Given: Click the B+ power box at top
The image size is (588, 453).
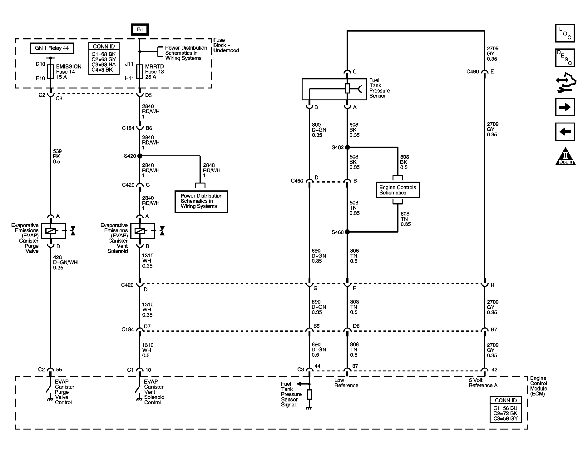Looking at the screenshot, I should click(140, 29).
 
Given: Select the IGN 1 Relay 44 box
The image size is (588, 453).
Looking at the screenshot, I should click(51, 48).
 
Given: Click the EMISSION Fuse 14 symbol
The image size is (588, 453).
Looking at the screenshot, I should click(50, 72).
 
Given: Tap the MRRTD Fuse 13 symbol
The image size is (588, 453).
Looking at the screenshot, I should click(140, 72).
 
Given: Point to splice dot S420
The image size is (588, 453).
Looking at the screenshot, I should click(140, 156).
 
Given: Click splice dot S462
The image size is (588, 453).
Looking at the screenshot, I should click(347, 147).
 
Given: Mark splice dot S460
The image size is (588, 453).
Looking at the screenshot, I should click(347, 232).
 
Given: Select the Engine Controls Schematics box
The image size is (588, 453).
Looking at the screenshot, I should click(397, 190).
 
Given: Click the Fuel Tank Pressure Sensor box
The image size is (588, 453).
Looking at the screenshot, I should click(334, 89).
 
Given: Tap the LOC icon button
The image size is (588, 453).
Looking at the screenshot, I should click(565, 33).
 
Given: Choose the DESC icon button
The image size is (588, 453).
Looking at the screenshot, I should click(565, 58).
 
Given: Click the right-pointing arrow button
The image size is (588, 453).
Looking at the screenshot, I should click(565, 107).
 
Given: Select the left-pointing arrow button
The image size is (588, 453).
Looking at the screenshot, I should click(565, 132).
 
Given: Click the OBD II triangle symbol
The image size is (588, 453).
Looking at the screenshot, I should click(565, 157).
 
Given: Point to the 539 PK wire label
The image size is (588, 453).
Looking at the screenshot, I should click(57, 156).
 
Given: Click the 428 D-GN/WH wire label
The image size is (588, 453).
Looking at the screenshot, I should click(65, 262).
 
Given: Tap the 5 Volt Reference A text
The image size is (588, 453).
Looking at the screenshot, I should click(483, 383).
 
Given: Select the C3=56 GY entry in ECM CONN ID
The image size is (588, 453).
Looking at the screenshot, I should click(505, 418).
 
